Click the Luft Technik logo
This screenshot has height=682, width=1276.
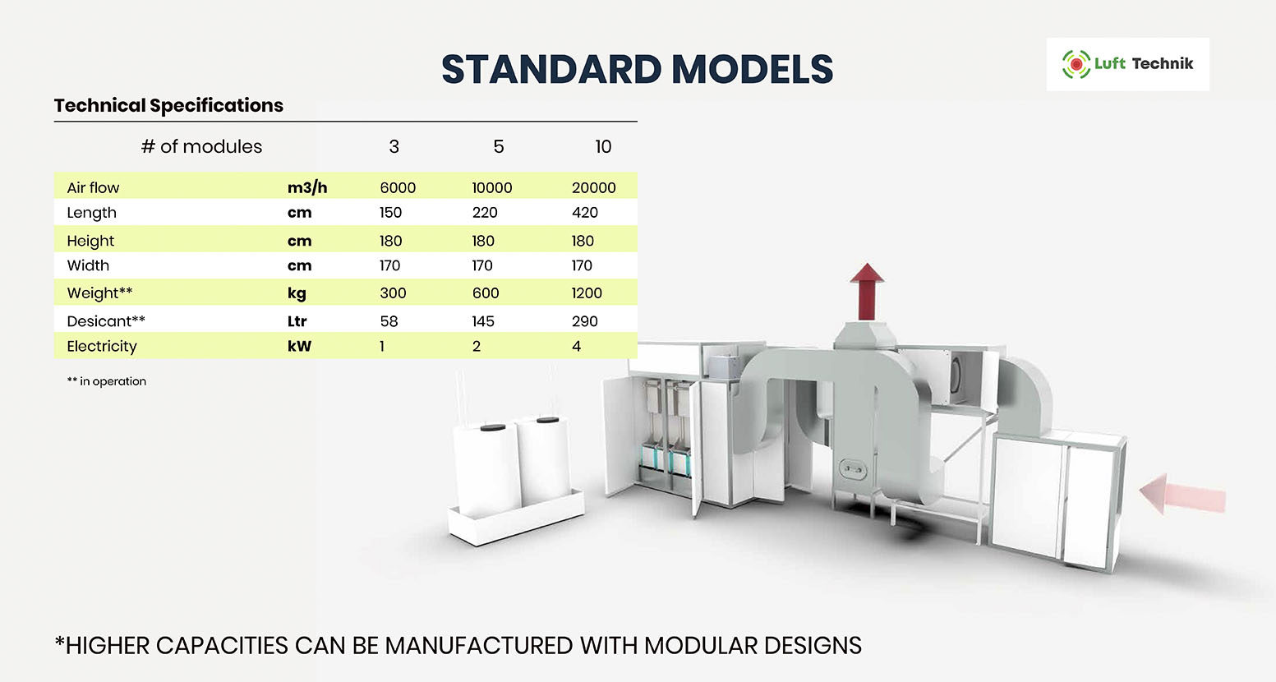[1127, 64]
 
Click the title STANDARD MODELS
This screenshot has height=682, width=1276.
[637, 69]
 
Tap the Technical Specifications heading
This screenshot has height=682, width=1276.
[168, 105]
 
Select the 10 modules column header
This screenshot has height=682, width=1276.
[603, 146]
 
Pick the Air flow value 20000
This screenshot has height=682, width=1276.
[593, 187]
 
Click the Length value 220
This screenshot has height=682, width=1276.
[485, 213]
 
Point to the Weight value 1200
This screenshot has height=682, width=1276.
[587, 293]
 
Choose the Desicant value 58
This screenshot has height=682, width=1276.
[389, 321]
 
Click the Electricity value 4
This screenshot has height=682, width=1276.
[577, 346]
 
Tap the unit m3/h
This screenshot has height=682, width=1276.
[307, 187]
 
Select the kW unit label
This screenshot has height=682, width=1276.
[299, 346]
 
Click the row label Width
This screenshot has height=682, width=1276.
[88, 265]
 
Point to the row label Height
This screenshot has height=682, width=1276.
[90, 241]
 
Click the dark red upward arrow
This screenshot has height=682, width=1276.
[867, 292]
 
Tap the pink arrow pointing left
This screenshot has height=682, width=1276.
[1182, 493]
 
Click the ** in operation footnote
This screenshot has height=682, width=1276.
[107, 381]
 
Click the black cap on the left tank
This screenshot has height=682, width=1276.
[493, 426]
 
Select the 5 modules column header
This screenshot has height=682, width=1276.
[499, 146]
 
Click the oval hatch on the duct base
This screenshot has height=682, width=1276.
[853, 469]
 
